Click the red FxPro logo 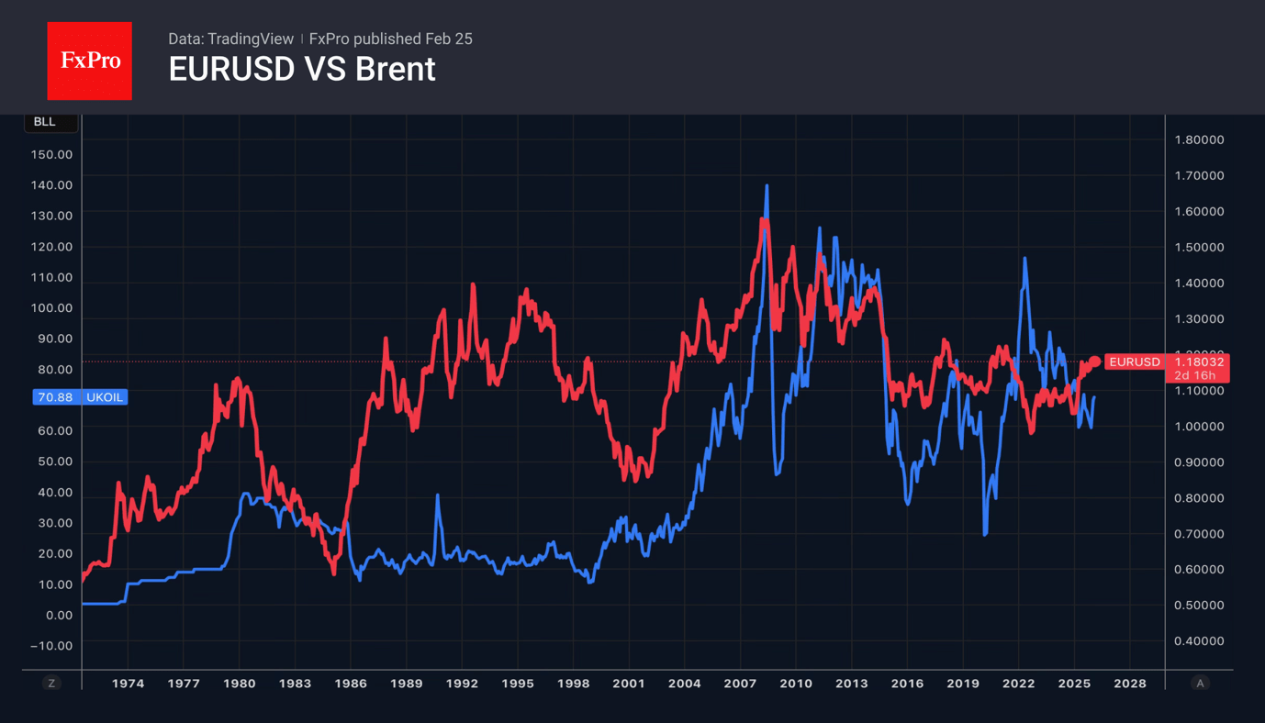(89, 61)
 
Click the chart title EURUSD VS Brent (301, 70)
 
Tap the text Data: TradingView (230, 39)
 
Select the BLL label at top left (44, 122)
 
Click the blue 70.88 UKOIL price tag (80, 397)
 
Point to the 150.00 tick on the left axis (51, 154)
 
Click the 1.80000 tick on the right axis (1199, 139)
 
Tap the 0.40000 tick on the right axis (1199, 641)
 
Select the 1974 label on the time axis (128, 684)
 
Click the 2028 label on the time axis (1130, 684)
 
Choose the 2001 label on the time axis (629, 684)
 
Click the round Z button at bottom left (51, 684)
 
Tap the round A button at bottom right (1200, 684)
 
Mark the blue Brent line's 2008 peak (767, 186)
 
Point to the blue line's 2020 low (985, 534)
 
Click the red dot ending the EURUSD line (1095, 361)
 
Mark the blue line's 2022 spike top (1024, 259)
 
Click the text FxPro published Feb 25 (390, 39)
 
